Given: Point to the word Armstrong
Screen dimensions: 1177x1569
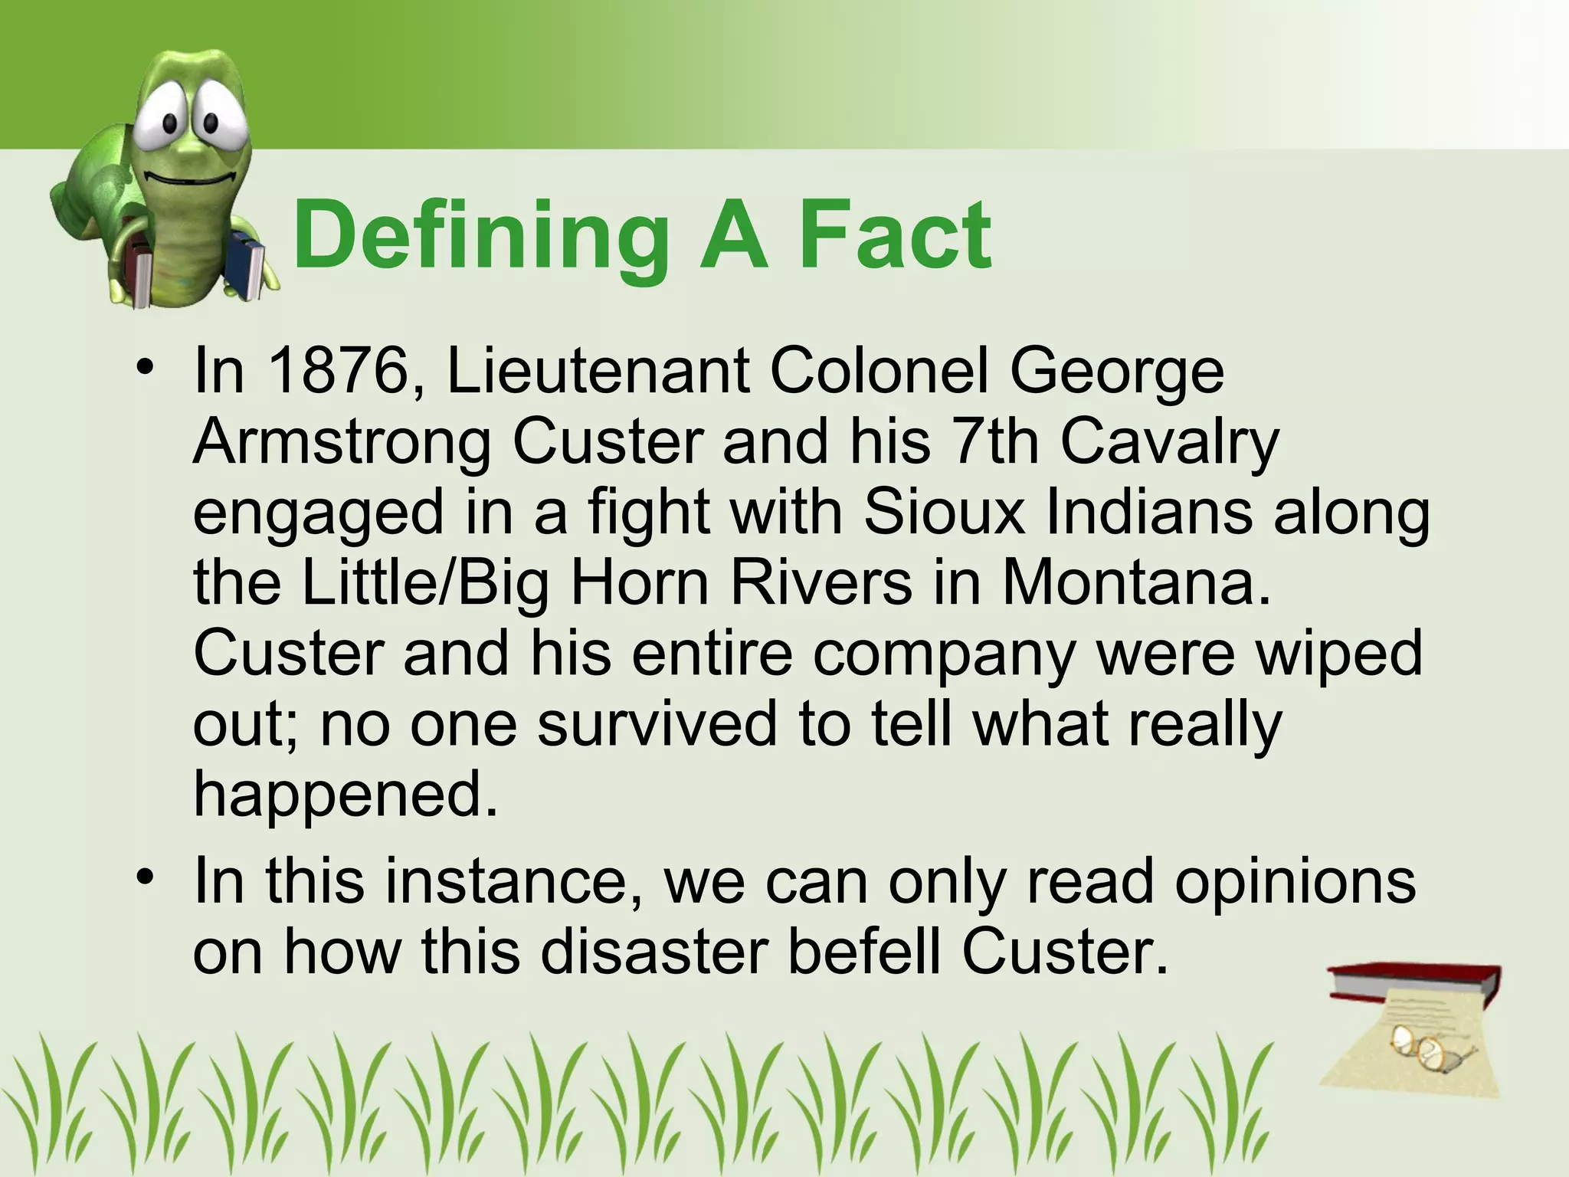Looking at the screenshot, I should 341,442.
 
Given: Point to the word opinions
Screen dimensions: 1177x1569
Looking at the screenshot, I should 1295,881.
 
